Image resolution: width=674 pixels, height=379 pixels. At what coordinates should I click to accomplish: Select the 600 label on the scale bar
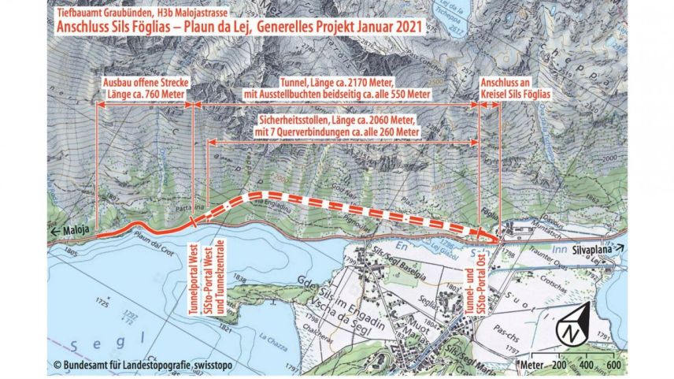click(612, 366)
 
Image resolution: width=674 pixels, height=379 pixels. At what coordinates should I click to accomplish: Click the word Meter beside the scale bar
click(532, 366)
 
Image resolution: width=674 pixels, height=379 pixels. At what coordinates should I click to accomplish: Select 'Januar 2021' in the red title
click(382, 27)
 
